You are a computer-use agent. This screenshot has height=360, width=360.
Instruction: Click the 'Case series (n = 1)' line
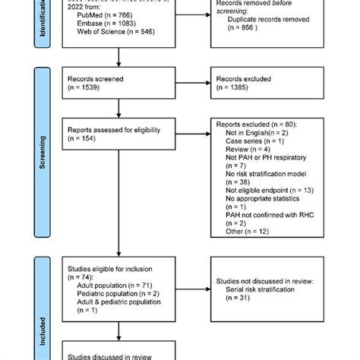[x=256, y=142]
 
